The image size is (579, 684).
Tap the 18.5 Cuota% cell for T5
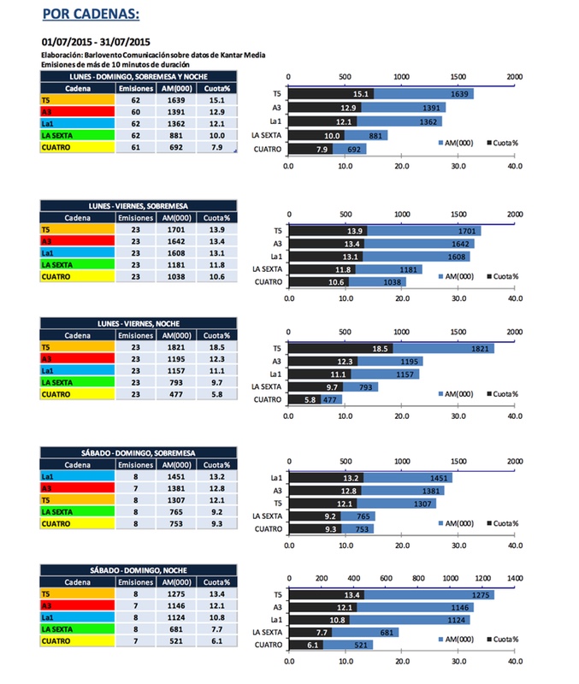(x=214, y=348)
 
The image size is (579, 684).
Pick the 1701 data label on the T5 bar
(x=467, y=231)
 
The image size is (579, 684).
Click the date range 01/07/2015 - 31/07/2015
(x=96, y=41)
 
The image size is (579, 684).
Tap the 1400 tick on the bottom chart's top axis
(x=515, y=580)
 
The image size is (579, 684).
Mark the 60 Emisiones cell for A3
(x=134, y=112)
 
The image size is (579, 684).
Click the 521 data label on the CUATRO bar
(x=336, y=645)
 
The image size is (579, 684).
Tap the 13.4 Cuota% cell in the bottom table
(x=214, y=594)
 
